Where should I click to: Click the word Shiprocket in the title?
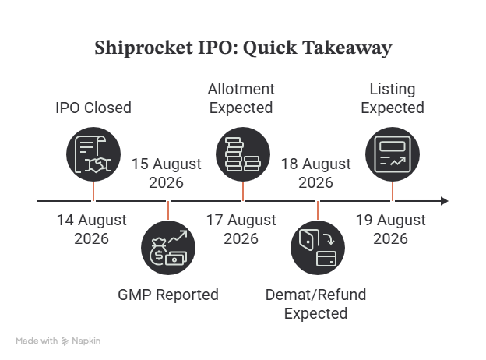143,48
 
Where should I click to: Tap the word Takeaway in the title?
347,48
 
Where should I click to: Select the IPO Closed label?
93,108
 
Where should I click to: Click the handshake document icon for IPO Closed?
93,154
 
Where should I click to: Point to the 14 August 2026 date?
92,229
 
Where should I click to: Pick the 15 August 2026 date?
167,173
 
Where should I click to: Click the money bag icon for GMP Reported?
168,248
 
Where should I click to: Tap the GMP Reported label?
168,295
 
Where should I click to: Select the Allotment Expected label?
241,98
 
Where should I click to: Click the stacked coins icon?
243,154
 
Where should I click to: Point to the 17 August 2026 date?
241,229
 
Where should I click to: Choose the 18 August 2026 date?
316,173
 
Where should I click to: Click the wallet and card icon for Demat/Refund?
318,248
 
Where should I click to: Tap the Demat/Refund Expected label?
316,304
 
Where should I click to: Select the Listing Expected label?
393,98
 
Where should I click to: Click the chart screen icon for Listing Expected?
393,154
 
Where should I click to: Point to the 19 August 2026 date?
390,229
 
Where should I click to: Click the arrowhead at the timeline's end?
445,201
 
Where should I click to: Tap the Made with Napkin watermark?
58,341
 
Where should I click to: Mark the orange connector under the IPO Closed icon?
93,192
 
